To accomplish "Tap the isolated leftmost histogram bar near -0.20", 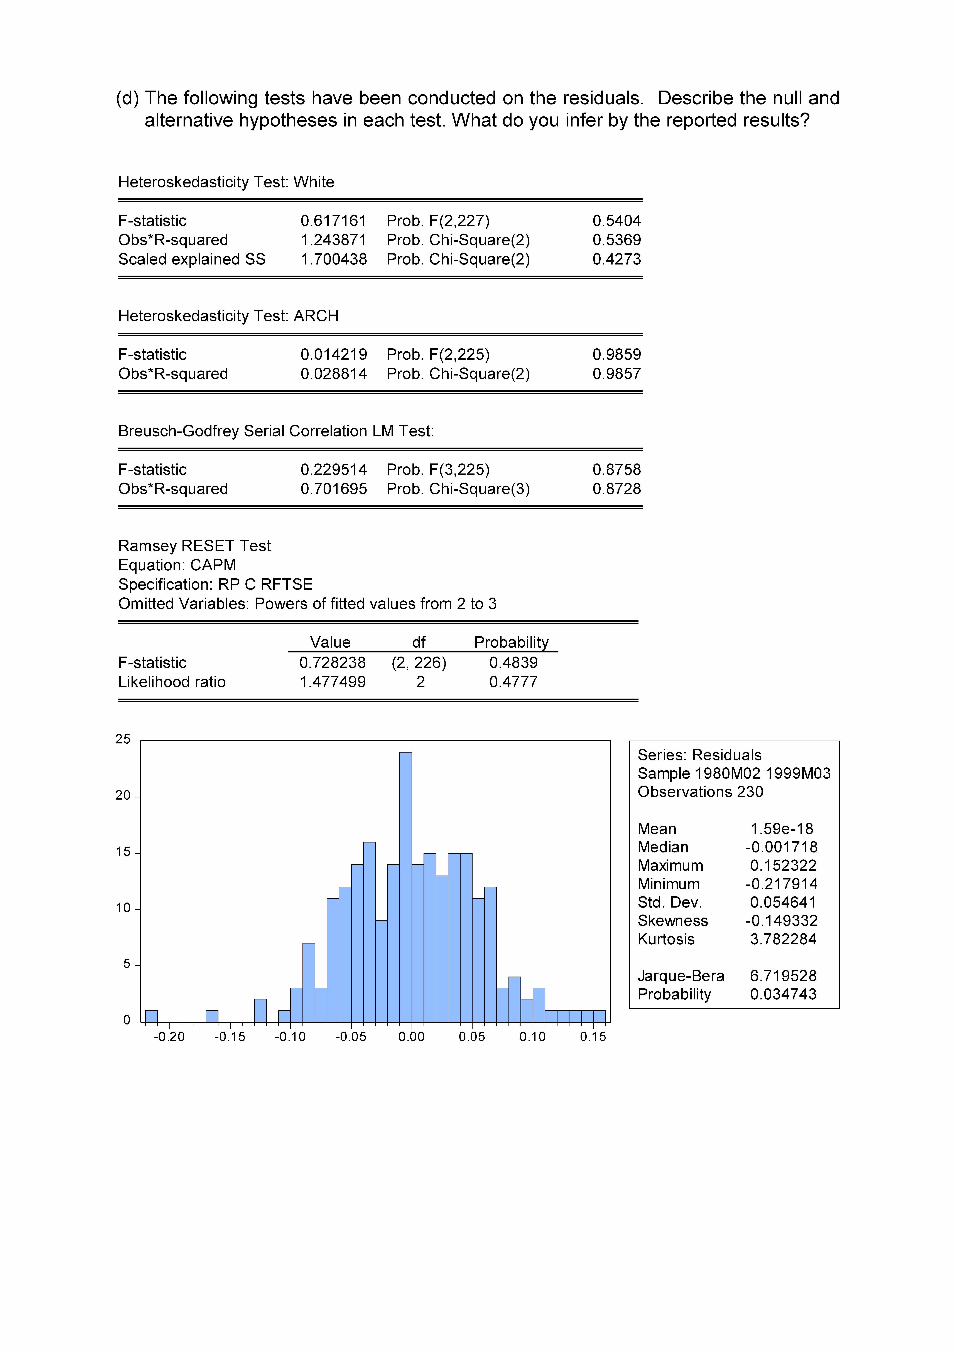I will (x=151, y=1016).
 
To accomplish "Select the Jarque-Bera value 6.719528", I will (x=783, y=976).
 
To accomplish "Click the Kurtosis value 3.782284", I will (x=783, y=939).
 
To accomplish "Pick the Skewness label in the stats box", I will (x=672, y=921).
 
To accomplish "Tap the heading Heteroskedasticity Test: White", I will (x=226, y=182).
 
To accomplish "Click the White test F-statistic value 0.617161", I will (x=333, y=221).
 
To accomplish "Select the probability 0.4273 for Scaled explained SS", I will (x=616, y=259).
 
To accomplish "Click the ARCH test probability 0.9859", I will (x=616, y=355).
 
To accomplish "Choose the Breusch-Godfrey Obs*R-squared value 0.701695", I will (x=333, y=489).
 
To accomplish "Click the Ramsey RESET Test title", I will (x=194, y=546).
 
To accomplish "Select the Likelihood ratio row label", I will (x=172, y=682).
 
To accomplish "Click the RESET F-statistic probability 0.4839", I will (x=513, y=663).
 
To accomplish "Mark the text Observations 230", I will (x=700, y=792).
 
